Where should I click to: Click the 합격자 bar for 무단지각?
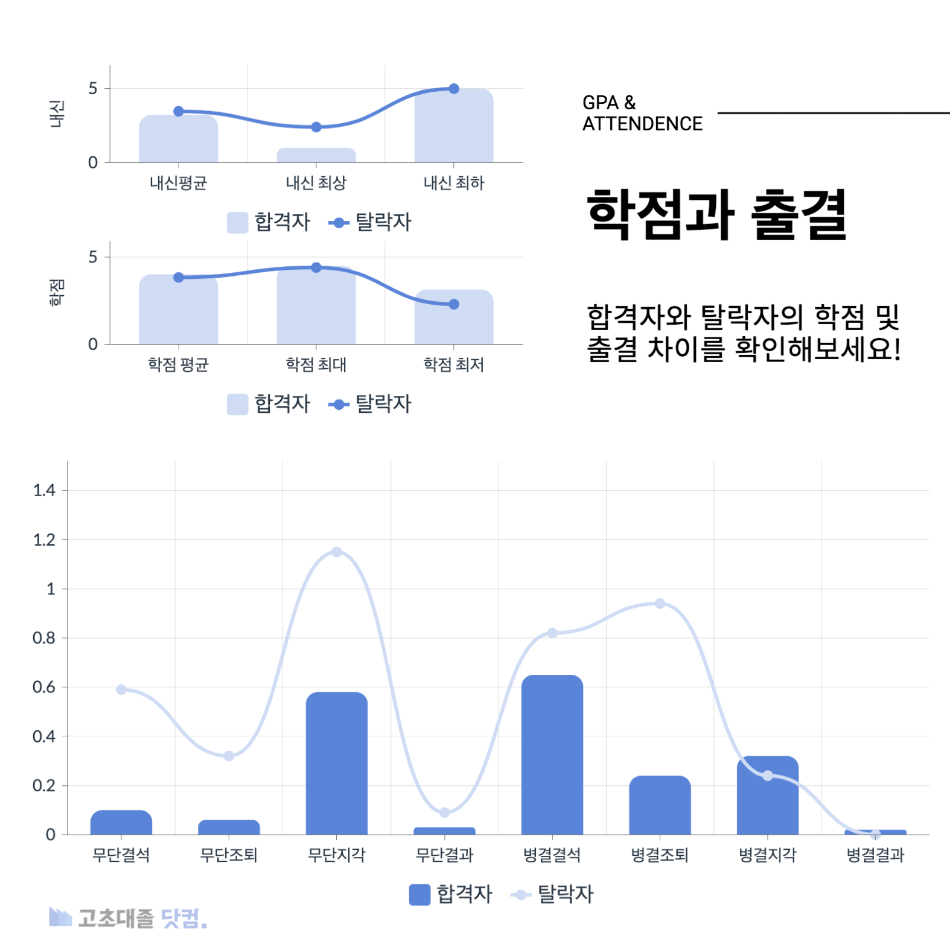(336, 764)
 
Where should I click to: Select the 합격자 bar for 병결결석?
(552, 754)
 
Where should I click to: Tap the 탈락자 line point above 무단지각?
(337, 552)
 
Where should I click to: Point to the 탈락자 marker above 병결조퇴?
(660, 604)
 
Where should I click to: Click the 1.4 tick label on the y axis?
(44, 490)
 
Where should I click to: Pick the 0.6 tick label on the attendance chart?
(44, 687)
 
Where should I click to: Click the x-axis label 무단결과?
(444, 855)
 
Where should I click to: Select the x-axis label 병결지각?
(767, 855)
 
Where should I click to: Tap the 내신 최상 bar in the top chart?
(316, 156)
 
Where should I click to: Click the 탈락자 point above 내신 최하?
(454, 89)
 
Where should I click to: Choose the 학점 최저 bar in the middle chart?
(454, 317)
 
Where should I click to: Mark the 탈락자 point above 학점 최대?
(316, 267)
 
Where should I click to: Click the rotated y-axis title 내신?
(57, 114)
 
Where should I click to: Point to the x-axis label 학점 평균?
(178, 365)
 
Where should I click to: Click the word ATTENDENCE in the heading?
(642, 124)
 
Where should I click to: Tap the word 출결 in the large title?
(799, 215)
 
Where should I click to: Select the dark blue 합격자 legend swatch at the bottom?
(419, 894)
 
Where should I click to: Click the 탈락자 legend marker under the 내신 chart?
(339, 223)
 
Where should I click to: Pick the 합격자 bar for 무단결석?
(121, 823)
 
